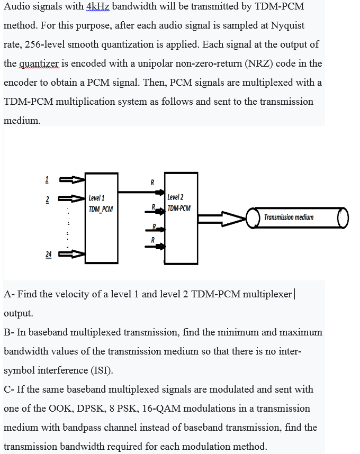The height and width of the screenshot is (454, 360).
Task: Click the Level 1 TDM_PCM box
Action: click(101, 217)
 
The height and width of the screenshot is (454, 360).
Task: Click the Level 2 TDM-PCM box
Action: click(181, 217)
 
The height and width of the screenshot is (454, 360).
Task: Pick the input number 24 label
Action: click(48, 255)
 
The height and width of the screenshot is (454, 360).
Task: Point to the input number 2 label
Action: click(47, 199)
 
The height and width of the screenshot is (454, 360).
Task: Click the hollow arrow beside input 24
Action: click(72, 255)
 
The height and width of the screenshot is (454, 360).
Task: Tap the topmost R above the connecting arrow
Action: click(152, 182)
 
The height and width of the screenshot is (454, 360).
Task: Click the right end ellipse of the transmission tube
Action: click(343, 217)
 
